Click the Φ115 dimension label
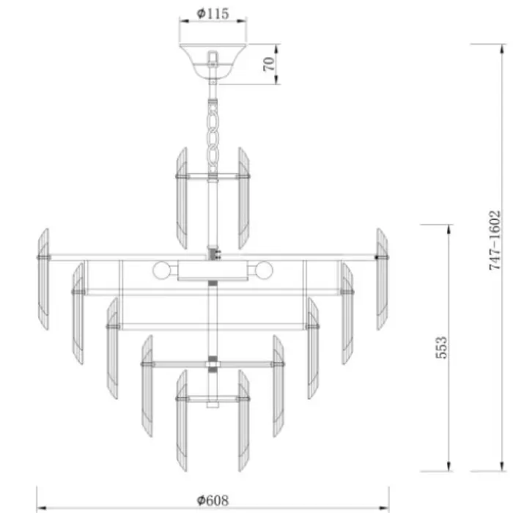[x=213, y=13]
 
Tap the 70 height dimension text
[x=269, y=64]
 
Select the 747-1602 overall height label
[x=495, y=240]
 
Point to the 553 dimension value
[x=441, y=347]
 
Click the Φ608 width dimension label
[x=213, y=501]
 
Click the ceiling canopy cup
[x=213, y=61]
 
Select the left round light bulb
[x=162, y=270]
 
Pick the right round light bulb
[x=264, y=270]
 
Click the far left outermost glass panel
[x=43, y=279]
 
